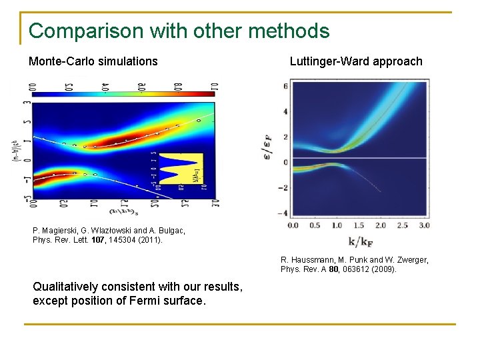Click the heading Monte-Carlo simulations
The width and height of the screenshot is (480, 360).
tap(93, 61)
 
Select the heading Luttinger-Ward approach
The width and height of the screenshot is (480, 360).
tap(356, 61)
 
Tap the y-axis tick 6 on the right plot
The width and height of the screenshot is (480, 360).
tap(285, 86)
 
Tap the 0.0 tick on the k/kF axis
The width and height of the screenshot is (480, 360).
tap(293, 225)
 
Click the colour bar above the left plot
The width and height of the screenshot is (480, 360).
tap(123, 94)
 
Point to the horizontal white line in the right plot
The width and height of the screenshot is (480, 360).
tap(360, 158)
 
